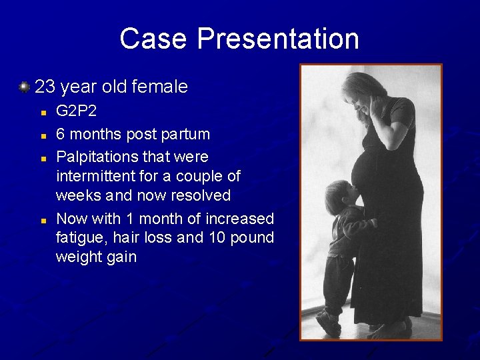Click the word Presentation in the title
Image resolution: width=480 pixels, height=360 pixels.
(278, 39)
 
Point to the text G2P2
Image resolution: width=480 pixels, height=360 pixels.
(77, 111)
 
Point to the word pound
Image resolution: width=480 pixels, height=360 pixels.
(251, 238)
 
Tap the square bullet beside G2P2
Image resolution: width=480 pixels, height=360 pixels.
(42, 113)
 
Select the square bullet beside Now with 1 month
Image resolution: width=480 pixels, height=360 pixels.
(42, 219)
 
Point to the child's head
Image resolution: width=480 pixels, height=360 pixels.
(338, 196)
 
